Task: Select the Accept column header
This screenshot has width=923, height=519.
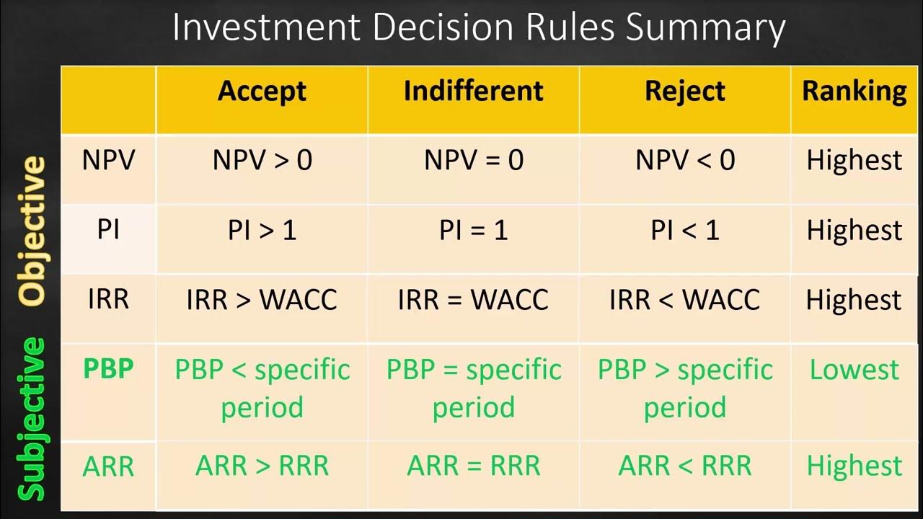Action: (x=262, y=91)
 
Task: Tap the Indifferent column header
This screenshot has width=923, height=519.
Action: (x=473, y=91)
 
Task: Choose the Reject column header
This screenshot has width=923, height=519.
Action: (x=685, y=91)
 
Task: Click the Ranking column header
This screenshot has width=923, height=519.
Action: (x=854, y=91)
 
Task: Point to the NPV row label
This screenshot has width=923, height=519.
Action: (x=108, y=160)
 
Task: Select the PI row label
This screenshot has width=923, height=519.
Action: (x=108, y=230)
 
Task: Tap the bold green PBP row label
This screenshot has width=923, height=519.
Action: (x=108, y=368)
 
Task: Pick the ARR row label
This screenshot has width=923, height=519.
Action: (x=108, y=466)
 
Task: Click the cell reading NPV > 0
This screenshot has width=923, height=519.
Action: (x=262, y=160)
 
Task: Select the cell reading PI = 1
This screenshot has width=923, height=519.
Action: (x=473, y=230)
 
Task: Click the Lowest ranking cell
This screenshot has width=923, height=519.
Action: (x=854, y=369)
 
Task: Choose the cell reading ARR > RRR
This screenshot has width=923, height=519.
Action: (x=262, y=466)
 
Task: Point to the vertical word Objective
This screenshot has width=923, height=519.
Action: (x=32, y=231)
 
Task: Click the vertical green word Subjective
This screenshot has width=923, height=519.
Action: (x=32, y=418)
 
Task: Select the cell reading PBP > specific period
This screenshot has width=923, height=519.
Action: (x=685, y=389)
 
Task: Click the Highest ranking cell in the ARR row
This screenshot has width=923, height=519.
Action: (x=854, y=466)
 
